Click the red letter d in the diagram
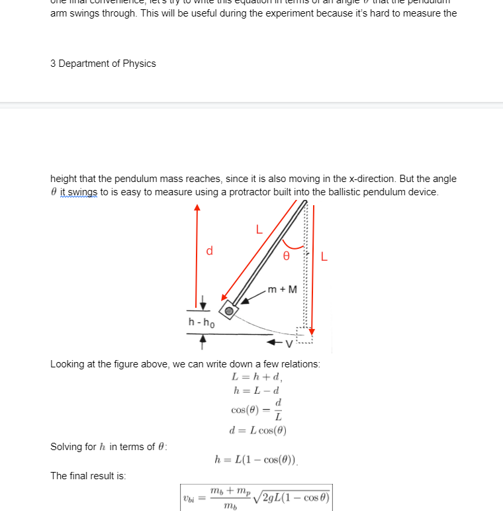click(x=209, y=251)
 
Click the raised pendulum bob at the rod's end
click(x=229, y=310)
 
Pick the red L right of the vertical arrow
click(x=324, y=256)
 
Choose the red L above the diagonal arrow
click(x=259, y=230)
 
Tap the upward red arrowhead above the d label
click(x=197, y=208)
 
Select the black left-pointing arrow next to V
click(x=275, y=344)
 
